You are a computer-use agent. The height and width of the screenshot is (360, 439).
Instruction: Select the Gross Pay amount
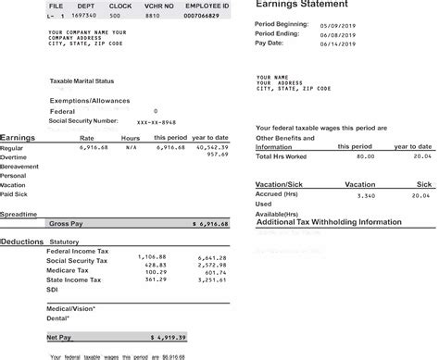pyautogui.click(x=208, y=224)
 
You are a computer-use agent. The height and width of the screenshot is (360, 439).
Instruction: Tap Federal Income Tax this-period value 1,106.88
pyautogui.click(x=151, y=255)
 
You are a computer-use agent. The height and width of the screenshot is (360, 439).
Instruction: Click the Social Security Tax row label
pyautogui.click(x=77, y=263)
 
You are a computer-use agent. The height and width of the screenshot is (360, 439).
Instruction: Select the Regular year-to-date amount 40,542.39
pyautogui.click(x=208, y=146)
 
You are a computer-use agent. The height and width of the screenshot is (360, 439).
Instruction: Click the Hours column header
pyautogui.click(x=131, y=137)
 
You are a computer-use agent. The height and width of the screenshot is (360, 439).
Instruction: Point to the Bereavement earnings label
pyautogui.click(x=19, y=166)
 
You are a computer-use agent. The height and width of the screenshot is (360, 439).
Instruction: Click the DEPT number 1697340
pyautogui.click(x=83, y=17)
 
